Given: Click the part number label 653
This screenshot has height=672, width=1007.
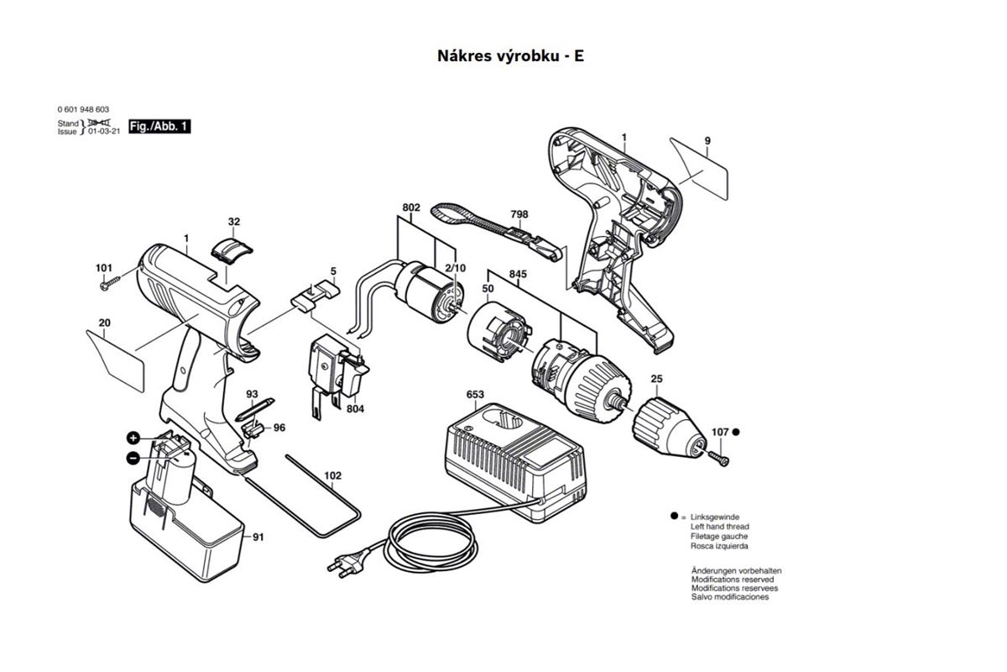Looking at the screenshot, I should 475,394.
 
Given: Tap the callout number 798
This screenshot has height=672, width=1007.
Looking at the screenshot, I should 519,214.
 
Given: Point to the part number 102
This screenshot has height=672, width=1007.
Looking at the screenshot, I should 333,475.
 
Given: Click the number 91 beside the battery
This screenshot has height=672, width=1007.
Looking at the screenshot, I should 258,537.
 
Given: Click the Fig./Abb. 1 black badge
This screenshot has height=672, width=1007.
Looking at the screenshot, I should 159,126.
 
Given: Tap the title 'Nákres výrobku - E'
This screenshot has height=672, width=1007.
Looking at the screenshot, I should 509,55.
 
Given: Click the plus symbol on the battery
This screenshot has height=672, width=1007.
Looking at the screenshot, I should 133,438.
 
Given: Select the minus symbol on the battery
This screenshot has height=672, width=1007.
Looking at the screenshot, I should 133,458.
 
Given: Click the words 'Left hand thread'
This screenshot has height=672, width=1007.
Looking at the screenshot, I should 720,527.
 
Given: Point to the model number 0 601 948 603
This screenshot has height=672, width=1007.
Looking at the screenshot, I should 83,109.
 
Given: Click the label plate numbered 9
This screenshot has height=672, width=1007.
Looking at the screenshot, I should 700,168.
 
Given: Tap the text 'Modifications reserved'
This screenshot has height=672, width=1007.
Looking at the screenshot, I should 733,580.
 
